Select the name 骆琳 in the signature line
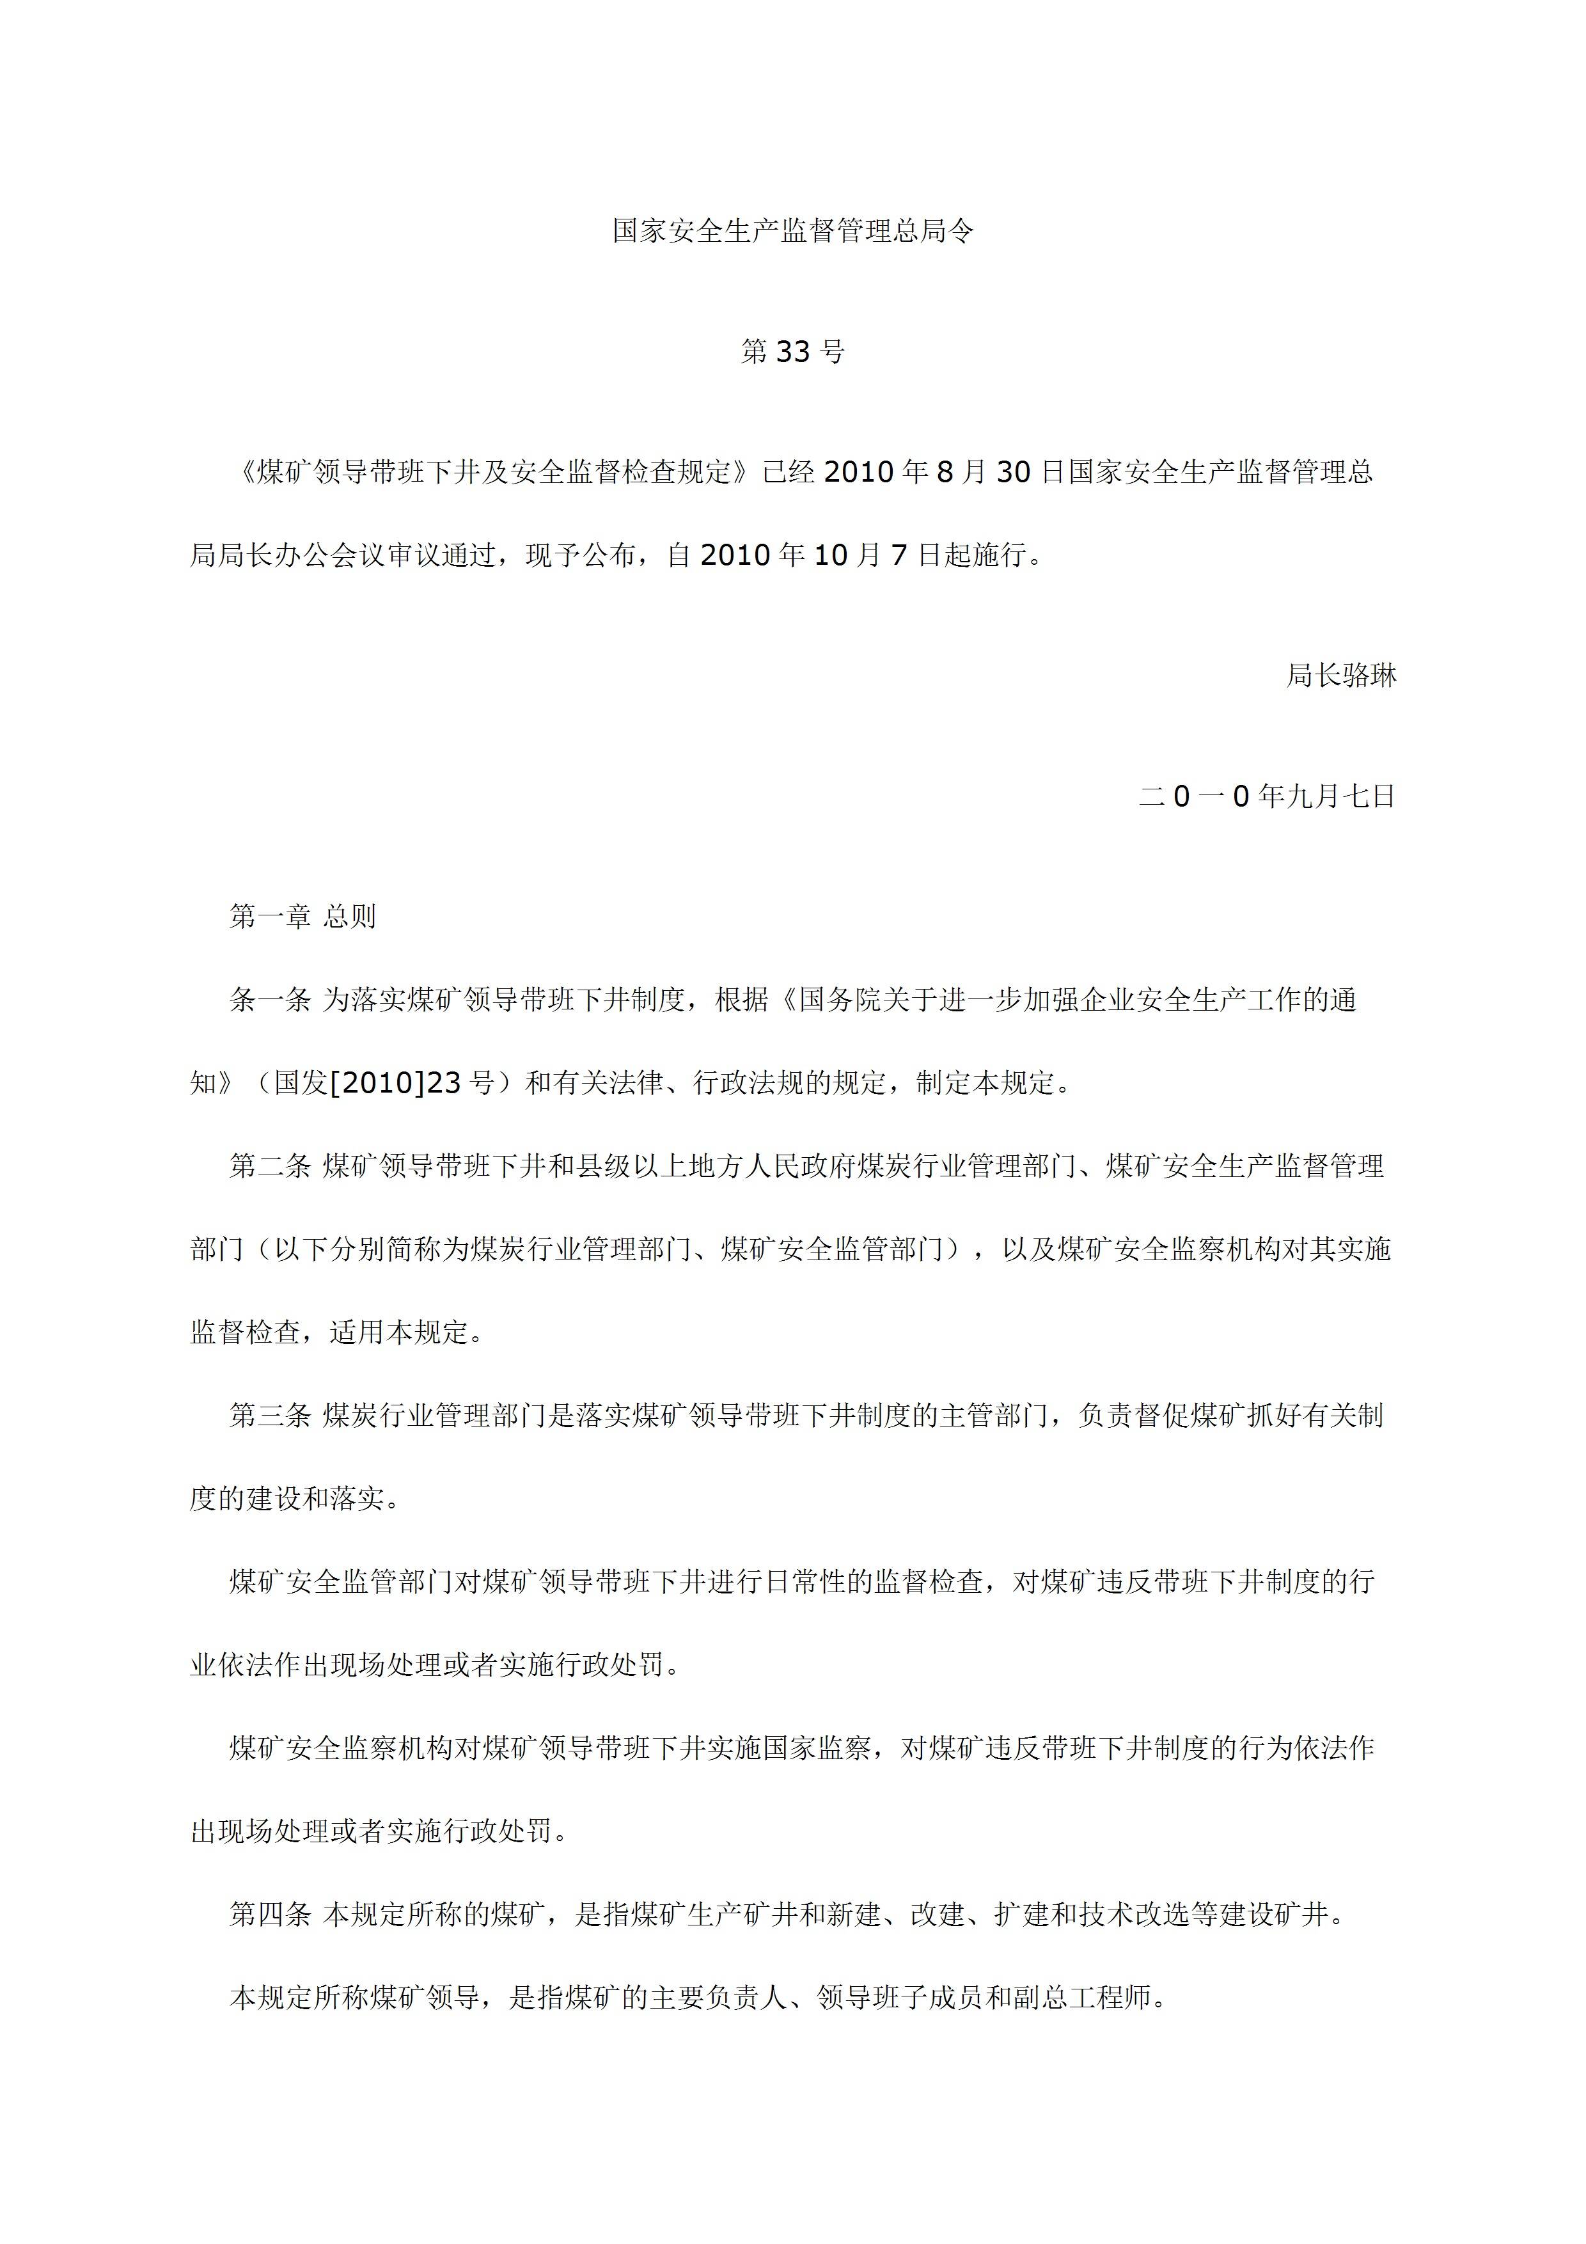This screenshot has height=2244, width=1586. (x=1369, y=676)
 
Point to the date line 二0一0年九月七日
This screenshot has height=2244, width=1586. (x=1268, y=796)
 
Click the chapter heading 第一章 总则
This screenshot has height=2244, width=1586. (x=303, y=917)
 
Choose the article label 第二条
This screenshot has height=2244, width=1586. (x=270, y=1166)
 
